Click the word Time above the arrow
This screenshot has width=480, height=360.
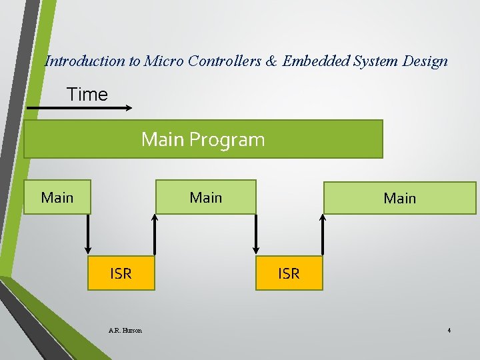coord(87,95)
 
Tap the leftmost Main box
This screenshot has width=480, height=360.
coord(57,197)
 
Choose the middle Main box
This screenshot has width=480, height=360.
coord(205,197)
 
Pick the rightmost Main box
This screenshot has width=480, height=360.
coord(399,198)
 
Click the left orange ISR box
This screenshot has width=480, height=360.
coord(121,273)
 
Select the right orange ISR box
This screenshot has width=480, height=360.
coord(289,273)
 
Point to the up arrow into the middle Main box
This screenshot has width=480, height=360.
coord(155,235)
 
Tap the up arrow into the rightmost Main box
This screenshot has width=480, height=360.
coord(323,235)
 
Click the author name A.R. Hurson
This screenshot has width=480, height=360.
coord(125,330)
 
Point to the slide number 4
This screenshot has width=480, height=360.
coord(449,330)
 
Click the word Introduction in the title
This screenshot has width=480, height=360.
coord(85,61)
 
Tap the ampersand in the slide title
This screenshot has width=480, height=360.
coord(271,61)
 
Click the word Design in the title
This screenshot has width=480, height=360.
coord(425,61)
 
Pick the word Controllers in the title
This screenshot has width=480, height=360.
coord(227,61)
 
